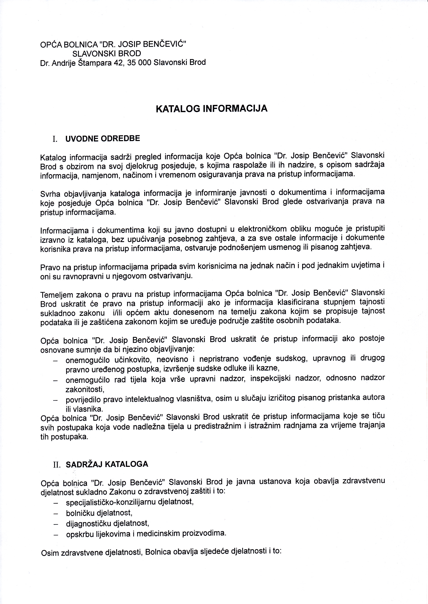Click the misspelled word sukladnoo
(x=57, y=313)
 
